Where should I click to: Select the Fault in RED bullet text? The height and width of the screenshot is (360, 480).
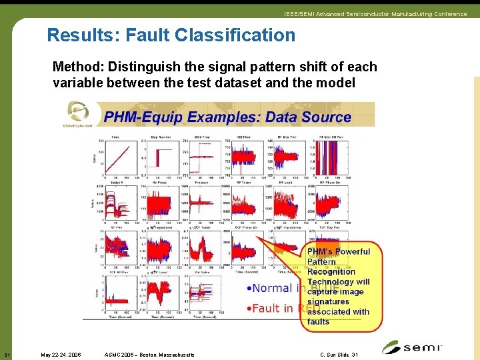tap(270, 308)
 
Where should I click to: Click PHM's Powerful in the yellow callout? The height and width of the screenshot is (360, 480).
tap(338, 252)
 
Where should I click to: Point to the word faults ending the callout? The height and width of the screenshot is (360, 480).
tap(319, 321)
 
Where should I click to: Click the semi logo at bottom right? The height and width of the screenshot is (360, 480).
tap(412, 347)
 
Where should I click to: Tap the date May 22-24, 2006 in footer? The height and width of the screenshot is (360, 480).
tap(61, 354)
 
